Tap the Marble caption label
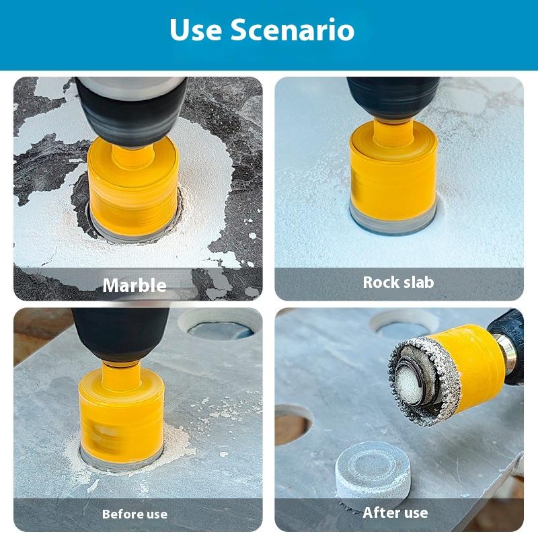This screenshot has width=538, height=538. [134, 285]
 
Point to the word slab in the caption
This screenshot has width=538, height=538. [418, 282]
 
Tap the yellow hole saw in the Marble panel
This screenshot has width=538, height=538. [133, 185]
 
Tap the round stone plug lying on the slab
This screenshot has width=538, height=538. [363, 471]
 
